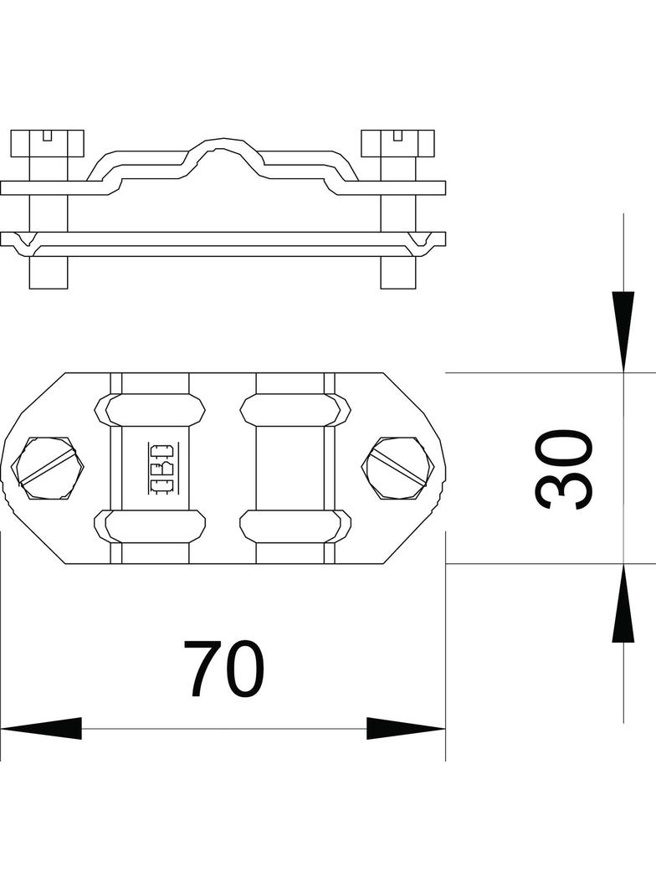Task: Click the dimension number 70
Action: click(x=223, y=669)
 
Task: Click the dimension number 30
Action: click(x=564, y=469)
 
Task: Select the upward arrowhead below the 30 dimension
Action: click(x=623, y=604)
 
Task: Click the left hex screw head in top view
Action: click(x=49, y=468)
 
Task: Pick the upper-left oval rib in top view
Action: click(x=151, y=409)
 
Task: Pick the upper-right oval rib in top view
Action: click(x=295, y=409)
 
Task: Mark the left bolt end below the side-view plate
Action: click(x=48, y=271)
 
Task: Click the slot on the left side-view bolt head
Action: click(x=48, y=134)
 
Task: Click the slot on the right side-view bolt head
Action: click(x=397, y=134)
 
